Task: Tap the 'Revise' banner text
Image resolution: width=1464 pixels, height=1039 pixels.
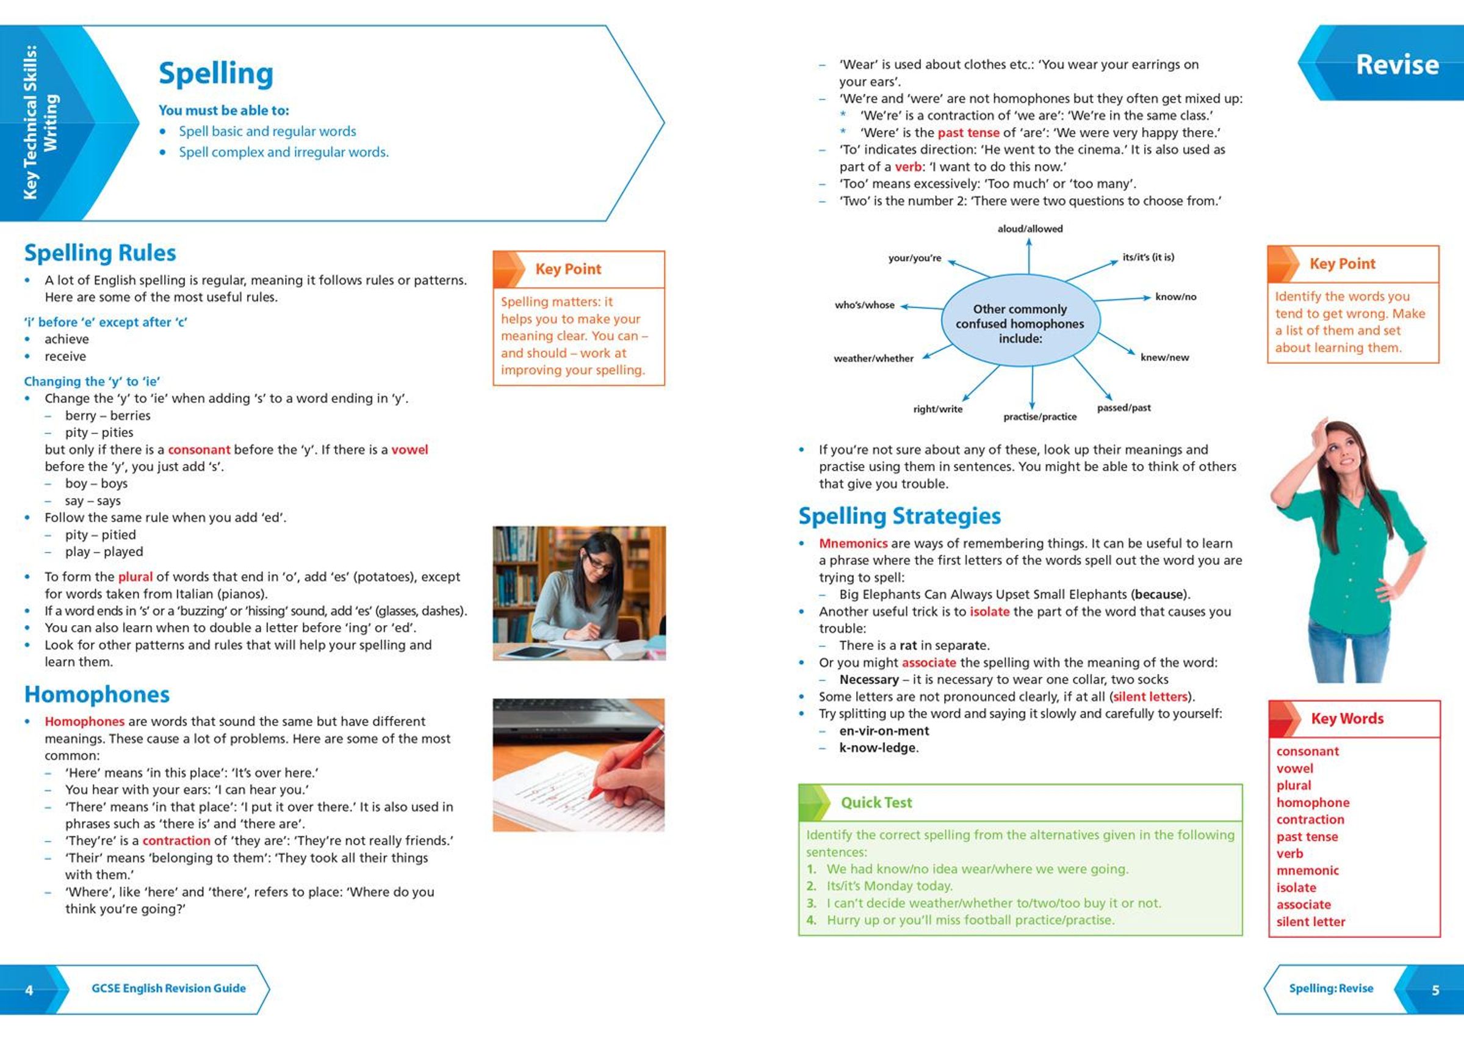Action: [x=1397, y=65]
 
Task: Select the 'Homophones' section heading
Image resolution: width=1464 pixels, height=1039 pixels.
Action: [x=96, y=694]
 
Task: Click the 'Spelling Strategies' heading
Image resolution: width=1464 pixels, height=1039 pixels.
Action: [x=900, y=516]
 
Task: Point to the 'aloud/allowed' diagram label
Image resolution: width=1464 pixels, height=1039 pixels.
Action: [x=1029, y=229]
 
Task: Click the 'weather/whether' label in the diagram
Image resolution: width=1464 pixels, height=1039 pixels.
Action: [x=873, y=358]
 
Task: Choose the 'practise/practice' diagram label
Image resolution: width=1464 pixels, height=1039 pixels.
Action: [x=1039, y=417]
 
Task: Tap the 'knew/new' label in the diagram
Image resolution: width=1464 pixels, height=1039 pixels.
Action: [x=1164, y=358]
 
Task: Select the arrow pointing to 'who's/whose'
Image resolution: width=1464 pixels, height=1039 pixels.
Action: [x=921, y=308]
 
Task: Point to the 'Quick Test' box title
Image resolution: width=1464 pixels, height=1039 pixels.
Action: [x=876, y=802]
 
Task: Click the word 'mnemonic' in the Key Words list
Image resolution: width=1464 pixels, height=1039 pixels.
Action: [x=1307, y=871]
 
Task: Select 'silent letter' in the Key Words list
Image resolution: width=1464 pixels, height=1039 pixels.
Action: [x=1310, y=922]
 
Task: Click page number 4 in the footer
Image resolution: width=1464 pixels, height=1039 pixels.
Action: [x=29, y=990]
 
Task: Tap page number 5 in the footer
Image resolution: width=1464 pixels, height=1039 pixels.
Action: [x=1435, y=990]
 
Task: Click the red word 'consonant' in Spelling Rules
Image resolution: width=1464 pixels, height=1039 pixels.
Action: [x=199, y=450]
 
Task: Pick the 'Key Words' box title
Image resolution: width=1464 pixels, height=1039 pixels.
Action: [x=1347, y=719]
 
